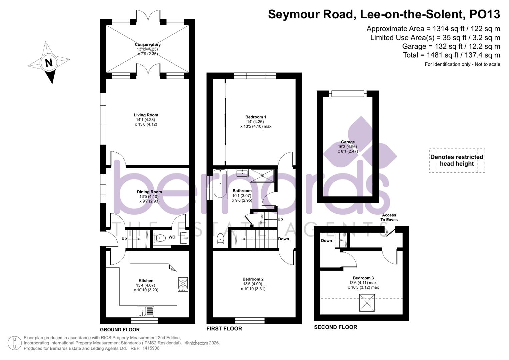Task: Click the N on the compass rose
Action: coord(49,63)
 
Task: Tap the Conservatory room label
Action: coord(148,45)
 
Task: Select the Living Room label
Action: coord(146,115)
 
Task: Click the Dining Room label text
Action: coord(149,192)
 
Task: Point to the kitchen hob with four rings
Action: coord(183,284)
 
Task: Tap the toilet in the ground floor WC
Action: coord(160,238)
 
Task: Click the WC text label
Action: coord(172,237)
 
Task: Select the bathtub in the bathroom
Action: coord(220,184)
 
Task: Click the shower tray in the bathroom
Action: coord(262,176)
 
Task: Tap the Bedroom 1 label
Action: coord(256,117)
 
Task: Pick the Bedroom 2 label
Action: coord(253,279)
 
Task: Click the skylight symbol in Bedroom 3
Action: coord(367,303)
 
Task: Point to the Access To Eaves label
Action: coord(389,217)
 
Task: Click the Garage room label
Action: coord(348,142)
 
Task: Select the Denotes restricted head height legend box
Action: coord(457,160)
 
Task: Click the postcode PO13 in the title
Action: coord(485,14)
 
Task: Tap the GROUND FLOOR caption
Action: coord(120,330)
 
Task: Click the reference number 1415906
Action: coord(151,348)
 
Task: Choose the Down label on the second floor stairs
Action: coord(326,241)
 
